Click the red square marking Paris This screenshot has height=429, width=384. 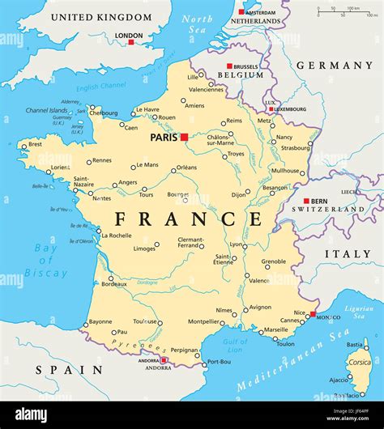point(184,137)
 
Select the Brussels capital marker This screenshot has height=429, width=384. point(229,66)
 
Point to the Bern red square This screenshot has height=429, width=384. point(306,201)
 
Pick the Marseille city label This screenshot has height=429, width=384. point(275,329)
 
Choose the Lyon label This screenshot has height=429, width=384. point(235,244)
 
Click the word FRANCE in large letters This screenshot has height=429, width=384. point(188,219)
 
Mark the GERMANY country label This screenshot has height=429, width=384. point(334,65)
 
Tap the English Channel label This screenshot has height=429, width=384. point(101,87)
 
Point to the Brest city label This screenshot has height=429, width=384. point(35,144)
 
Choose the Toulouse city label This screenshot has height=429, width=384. point(145,321)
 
